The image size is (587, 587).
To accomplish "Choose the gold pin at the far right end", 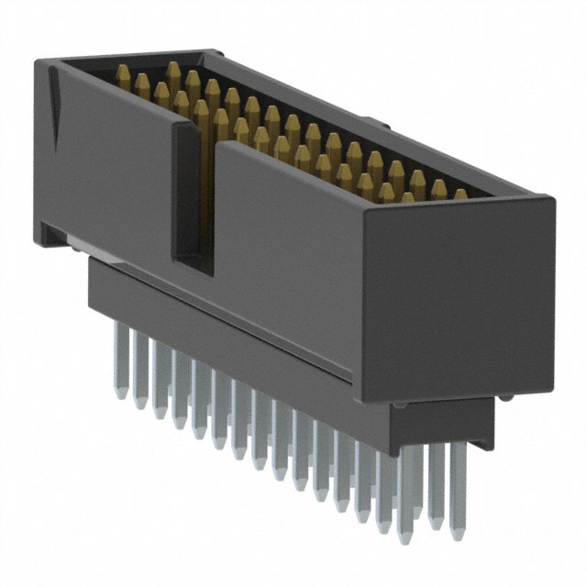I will (x=460, y=194).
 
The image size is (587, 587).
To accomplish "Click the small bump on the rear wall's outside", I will (x=365, y=120).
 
